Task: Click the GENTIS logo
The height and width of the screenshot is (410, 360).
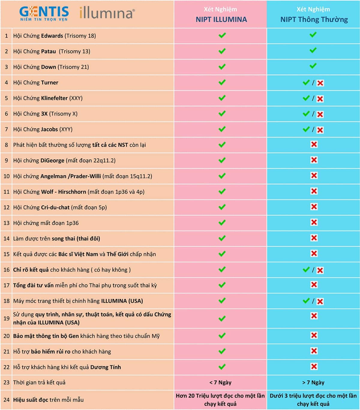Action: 44,13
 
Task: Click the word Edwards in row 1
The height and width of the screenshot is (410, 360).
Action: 52,36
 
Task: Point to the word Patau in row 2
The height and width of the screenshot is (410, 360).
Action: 48,51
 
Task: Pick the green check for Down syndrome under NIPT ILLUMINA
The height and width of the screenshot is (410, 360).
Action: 222,67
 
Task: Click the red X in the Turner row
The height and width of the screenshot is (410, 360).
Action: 320,83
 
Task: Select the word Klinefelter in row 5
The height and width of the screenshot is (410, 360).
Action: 54,98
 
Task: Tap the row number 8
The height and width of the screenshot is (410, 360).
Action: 6,145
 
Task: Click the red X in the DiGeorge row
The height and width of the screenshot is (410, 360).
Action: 314,160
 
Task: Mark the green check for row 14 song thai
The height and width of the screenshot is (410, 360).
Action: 222,238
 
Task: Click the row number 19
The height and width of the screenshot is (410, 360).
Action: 6,318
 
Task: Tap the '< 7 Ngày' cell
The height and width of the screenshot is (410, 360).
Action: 220,382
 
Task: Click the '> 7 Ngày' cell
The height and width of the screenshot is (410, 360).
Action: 313,382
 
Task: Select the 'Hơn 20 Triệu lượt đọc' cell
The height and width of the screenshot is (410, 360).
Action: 220,400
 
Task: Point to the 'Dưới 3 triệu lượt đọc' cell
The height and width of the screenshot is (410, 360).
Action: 313,400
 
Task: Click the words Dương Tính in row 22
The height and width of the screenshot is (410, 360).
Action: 106,367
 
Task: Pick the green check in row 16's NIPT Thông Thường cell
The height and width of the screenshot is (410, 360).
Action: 306,269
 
